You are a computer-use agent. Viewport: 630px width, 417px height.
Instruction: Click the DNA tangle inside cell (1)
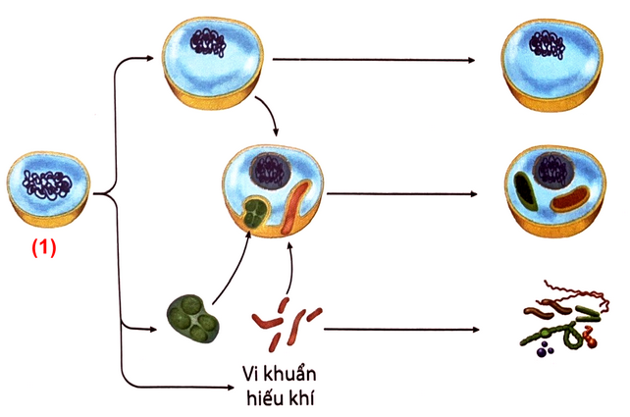coord(47,183)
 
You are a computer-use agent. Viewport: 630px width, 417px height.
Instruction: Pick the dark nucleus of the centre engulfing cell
coord(268,171)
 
